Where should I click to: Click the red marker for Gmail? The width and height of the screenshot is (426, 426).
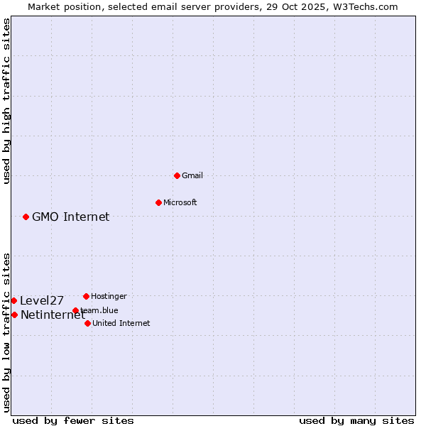tap(177, 175)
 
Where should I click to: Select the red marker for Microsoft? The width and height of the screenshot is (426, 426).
tap(158, 202)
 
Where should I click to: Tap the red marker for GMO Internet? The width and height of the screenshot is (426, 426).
tap(26, 217)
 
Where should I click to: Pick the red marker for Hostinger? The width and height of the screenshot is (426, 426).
tap(86, 296)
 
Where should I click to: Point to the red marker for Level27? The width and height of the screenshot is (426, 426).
tap(13, 300)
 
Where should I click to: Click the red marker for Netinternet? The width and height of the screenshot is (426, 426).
tap(14, 315)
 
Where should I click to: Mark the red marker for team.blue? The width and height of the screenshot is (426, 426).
tap(75, 310)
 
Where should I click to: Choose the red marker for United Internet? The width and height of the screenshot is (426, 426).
tap(87, 323)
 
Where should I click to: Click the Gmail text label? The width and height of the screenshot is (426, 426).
tap(192, 175)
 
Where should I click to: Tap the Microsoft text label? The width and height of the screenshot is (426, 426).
tap(180, 202)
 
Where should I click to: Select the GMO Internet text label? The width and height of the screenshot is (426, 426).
tap(71, 217)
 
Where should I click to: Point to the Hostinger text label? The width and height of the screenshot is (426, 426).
tap(109, 296)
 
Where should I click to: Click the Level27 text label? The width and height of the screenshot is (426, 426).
tap(42, 300)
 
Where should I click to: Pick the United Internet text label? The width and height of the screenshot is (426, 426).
tap(121, 323)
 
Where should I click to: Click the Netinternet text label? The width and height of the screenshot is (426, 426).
tap(53, 315)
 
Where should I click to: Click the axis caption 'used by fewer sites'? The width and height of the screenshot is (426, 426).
tap(73, 420)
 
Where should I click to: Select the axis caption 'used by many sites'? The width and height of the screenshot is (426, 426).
tap(356, 420)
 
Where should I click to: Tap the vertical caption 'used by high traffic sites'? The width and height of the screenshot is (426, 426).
tap(7, 101)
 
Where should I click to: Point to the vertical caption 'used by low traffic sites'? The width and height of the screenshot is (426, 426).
tap(7, 332)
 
